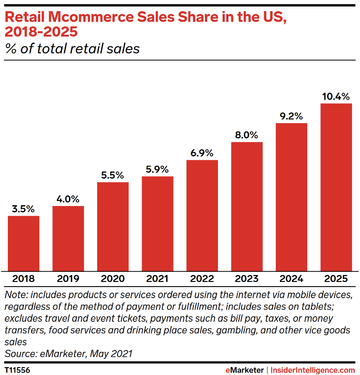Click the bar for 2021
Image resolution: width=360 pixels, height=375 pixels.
(158, 224)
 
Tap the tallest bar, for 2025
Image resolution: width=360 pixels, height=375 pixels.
(336, 187)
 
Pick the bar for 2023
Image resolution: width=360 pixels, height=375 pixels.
(247, 206)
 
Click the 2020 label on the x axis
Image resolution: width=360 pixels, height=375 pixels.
(113, 279)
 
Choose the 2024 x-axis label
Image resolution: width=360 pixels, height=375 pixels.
(292, 279)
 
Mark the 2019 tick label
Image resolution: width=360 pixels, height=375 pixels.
(68, 279)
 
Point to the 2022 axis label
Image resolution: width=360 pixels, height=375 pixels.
(202, 279)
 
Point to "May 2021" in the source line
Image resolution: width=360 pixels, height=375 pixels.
(111, 354)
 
